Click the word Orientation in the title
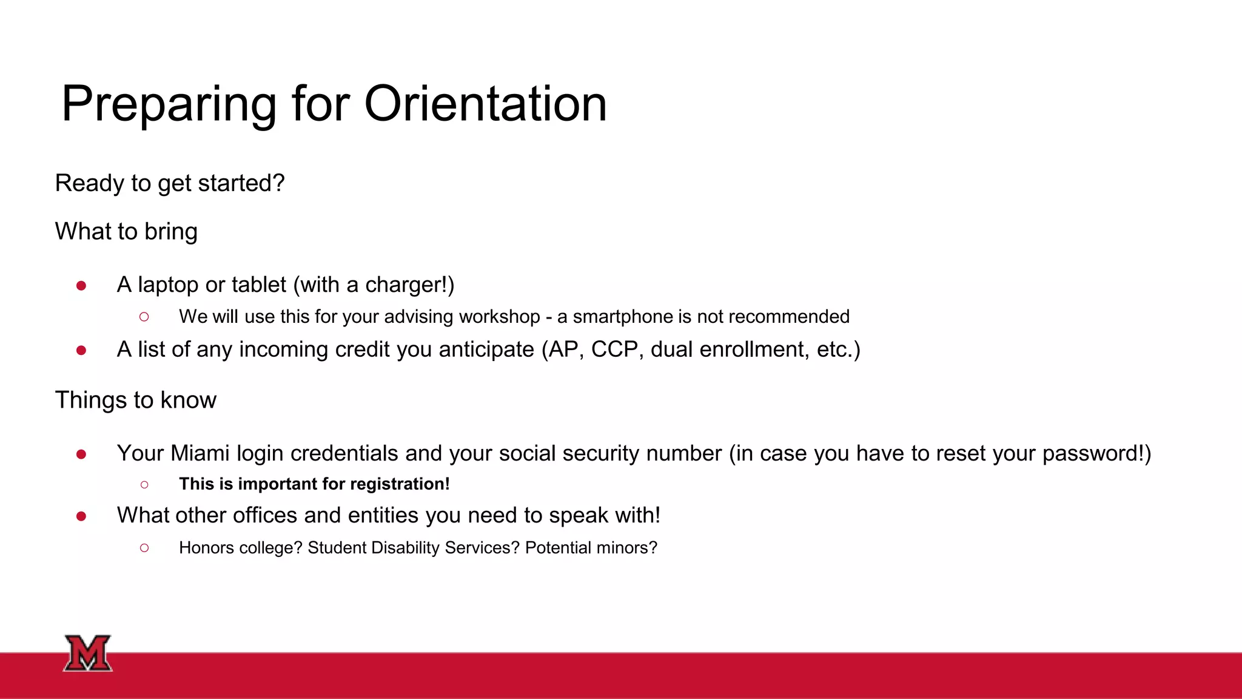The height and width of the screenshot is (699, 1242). (485, 104)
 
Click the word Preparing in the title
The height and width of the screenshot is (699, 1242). (169, 104)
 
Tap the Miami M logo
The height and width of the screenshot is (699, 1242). (88, 653)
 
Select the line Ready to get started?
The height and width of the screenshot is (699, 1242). (170, 183)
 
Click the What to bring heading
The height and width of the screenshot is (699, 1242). (126, 232)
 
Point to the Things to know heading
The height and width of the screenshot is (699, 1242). (135, 400)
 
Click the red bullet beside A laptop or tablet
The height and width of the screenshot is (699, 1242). (81, 285)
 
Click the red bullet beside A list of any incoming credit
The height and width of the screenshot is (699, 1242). (81, 350)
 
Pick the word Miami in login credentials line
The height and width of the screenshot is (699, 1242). (200, 453)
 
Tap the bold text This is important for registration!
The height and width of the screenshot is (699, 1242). (314, 484)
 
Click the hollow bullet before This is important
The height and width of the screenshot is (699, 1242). (144, 484)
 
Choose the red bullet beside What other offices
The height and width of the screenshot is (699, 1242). (81, 516)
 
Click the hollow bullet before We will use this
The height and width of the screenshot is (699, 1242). (144, 317)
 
